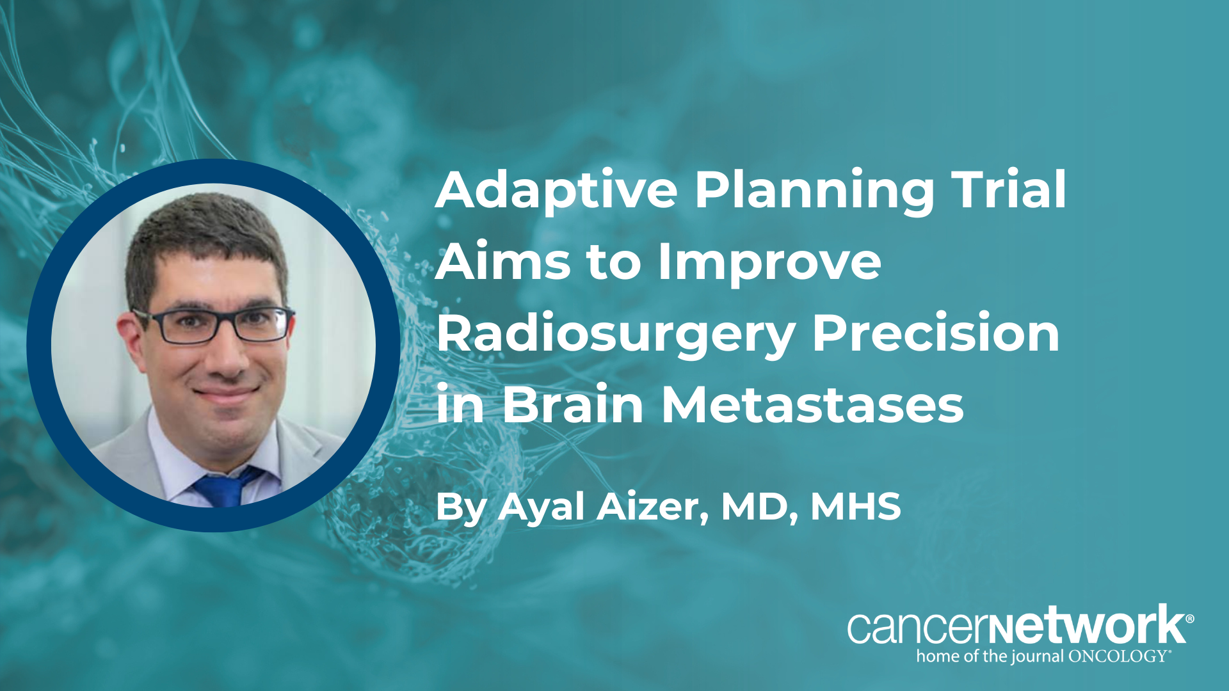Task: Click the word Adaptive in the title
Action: coord(556,191)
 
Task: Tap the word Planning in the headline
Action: coord(814,191)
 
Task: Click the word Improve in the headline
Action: coord(769,263)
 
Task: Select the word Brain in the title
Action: coord(573,404)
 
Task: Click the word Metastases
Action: coord(812,404)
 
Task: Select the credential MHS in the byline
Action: coord(856,507)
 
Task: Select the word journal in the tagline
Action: coord(1037,657)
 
